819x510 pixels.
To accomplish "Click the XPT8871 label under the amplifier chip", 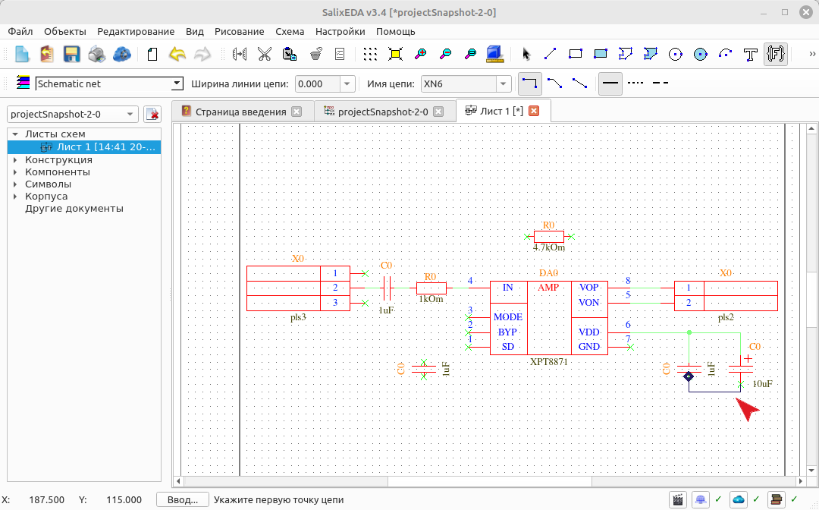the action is tap(548, 361).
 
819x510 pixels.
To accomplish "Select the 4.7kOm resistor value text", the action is tap(548, 247).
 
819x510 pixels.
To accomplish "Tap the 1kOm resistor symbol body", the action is tap(431, 288).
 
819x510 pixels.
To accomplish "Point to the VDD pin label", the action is tap(588, 332).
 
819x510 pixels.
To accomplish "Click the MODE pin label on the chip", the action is tap(507, 317).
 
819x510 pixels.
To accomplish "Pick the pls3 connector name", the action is tap(298, 318).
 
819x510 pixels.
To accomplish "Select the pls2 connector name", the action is tap(726, 317).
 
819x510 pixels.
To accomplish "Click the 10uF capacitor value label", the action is tap(762, 384).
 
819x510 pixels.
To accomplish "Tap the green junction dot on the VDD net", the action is tap(689, 332).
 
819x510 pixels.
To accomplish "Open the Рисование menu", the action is tap(239, 31).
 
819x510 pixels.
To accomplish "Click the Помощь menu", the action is tap(395, 31).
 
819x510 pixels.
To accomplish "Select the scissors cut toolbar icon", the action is tap(265, 54).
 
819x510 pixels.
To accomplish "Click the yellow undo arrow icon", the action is tap(177, 54).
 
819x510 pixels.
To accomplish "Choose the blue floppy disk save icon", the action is tap(71, 54).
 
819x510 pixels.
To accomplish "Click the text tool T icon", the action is tap(750, 54).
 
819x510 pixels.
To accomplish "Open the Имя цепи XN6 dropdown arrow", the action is tap(503, 83).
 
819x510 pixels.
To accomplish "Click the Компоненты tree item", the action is tap(58, 172).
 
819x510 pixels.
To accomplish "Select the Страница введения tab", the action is tap(241, 112).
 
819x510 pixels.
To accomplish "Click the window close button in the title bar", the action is tap(806, 12).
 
